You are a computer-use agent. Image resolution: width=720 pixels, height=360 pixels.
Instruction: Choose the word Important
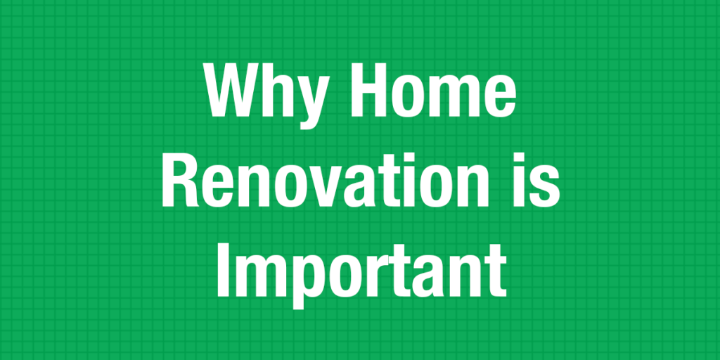pyautogui.click(x=361, y=271)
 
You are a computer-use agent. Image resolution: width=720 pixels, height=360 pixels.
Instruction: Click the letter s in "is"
pyautogui.click(x=548, y=188)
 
